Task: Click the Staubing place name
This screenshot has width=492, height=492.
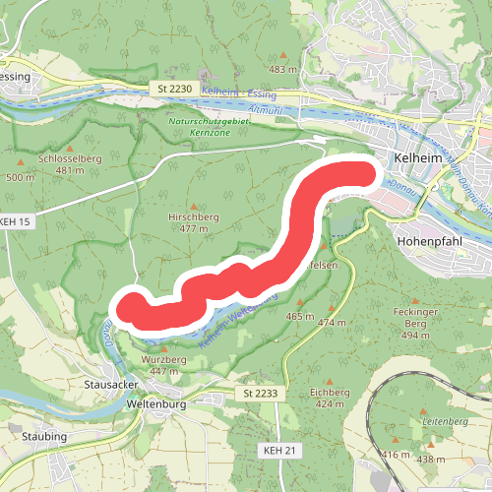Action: click(x=41, y=436)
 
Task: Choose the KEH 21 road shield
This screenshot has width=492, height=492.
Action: click(x=279, y=450)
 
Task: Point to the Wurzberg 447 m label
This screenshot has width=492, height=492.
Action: click(x=163, y=366)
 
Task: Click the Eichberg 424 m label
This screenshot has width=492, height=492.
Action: click(x=329, y=398)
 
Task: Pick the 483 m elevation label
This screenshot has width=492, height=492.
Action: click(x=282, y=70)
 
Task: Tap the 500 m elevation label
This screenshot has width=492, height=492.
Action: click(x=20, y=177)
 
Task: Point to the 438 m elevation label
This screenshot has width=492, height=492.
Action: click(x=431, y=460)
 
